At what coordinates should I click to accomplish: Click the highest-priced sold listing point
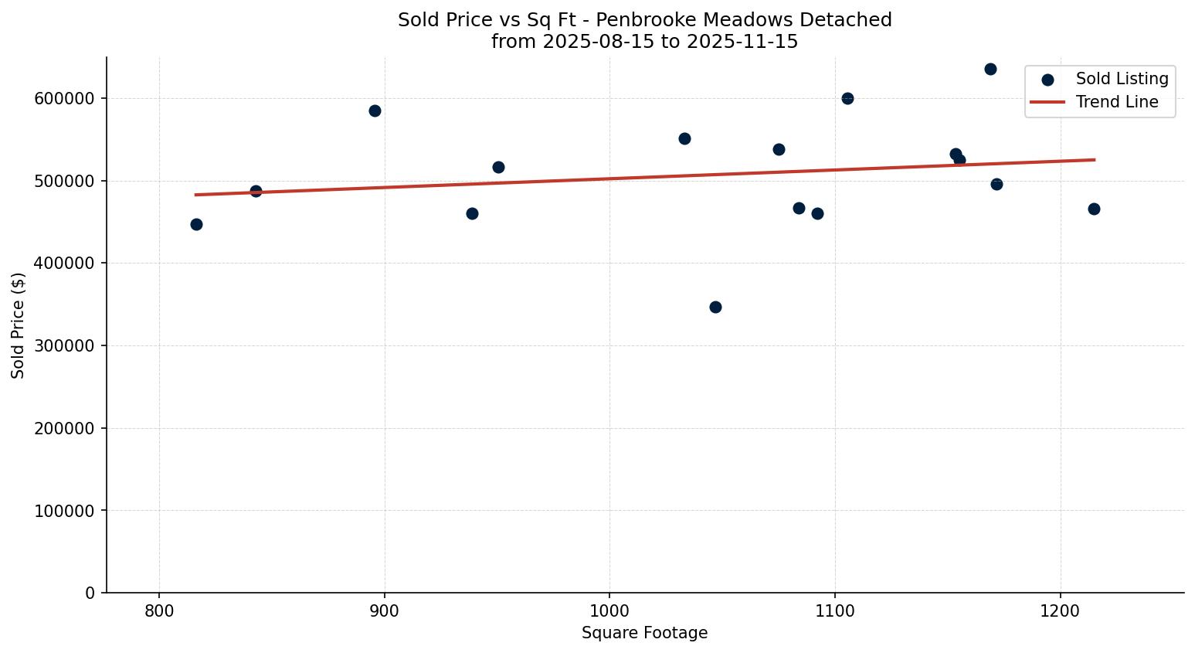pos(990,69)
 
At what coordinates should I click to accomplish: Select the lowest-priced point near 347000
pos(715,307)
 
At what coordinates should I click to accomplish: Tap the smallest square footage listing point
pos(196,224)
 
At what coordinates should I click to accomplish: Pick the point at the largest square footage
pos(1094,209)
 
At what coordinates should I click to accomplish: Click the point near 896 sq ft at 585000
pos(375,111)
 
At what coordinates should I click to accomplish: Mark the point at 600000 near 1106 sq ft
pos(847,98)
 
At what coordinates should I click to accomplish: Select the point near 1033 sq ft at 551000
pos(684,138)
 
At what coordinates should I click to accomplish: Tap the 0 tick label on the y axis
pos(90,593)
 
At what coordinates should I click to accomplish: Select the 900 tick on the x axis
pos(384,610)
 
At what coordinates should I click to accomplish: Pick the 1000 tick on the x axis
pos(609,610)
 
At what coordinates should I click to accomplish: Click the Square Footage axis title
pos(644,634)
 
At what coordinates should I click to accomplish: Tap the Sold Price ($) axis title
pos(19,325)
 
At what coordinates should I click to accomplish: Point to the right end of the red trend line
pos(1094,160)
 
